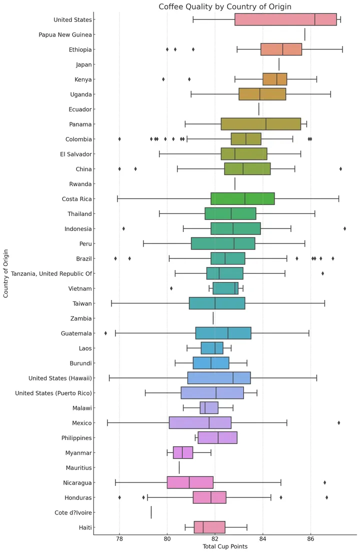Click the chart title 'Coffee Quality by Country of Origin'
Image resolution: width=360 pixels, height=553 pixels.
click(x=225, y=6)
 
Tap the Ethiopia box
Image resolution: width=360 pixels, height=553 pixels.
click(x=281, y=49)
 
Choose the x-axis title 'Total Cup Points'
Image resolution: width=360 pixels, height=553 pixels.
click(x=225, y=547)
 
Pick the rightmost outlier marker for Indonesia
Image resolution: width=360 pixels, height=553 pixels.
click(x=345, y=228)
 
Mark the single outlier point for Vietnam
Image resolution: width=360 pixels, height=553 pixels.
click(x=171, y=288)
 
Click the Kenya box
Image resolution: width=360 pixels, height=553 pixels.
click(x=275, y=79)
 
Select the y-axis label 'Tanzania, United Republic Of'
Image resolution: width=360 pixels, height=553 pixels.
click(x=51, y=273)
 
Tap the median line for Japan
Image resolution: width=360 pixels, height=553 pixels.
click(x=279, y=64)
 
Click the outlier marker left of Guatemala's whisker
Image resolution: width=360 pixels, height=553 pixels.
click(x=105, y=333)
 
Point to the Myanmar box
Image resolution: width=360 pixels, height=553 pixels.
click(x=183, y=452)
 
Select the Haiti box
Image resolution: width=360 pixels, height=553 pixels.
click(x=209, y=527)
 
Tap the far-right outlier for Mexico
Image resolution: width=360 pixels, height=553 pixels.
click(x=339, y=422)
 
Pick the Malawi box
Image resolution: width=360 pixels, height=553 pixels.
click(x=209, y=408)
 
